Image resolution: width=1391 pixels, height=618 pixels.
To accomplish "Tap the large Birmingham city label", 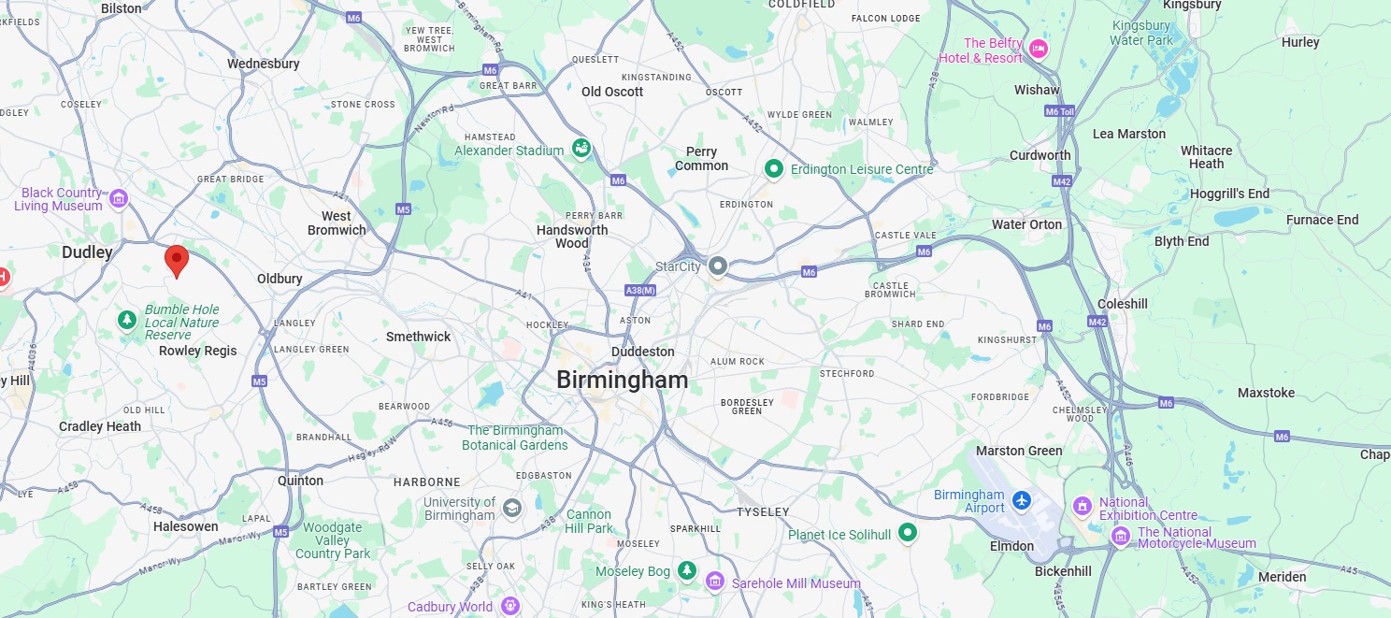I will pos(622,380).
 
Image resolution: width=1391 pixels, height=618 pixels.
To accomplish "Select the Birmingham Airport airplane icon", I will pos(1022,500).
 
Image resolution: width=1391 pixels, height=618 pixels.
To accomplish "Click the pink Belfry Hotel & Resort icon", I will pos(1038,50).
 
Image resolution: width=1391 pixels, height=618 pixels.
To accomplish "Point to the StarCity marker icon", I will pos(717,266).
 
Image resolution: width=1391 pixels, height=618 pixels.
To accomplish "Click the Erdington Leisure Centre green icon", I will pos(773,169).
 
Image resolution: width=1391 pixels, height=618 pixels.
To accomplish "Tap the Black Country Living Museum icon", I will pos(118,198).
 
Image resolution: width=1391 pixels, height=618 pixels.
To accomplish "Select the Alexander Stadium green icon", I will pos(581,149).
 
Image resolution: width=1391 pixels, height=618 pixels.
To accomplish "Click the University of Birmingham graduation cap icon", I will pos(510,508).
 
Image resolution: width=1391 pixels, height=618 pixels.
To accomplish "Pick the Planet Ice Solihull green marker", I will pos(906,533).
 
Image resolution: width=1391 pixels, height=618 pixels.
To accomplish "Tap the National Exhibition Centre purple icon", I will pos(1083,507).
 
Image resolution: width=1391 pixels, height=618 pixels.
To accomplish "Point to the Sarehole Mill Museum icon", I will pos(715,582).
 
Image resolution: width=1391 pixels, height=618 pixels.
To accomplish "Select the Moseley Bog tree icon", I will pos(687,569).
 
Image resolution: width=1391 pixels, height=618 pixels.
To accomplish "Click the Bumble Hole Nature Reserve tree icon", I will pos(127,321).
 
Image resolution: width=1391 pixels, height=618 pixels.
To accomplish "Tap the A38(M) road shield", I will pos(640,291).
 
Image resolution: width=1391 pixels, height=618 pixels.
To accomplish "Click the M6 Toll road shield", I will pos(1059,111).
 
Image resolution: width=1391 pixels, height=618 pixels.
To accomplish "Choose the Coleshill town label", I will pos(1122,304).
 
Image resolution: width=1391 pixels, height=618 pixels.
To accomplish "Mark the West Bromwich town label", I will pos(337,223).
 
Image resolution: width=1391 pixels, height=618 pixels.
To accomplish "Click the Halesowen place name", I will pos(185,526).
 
